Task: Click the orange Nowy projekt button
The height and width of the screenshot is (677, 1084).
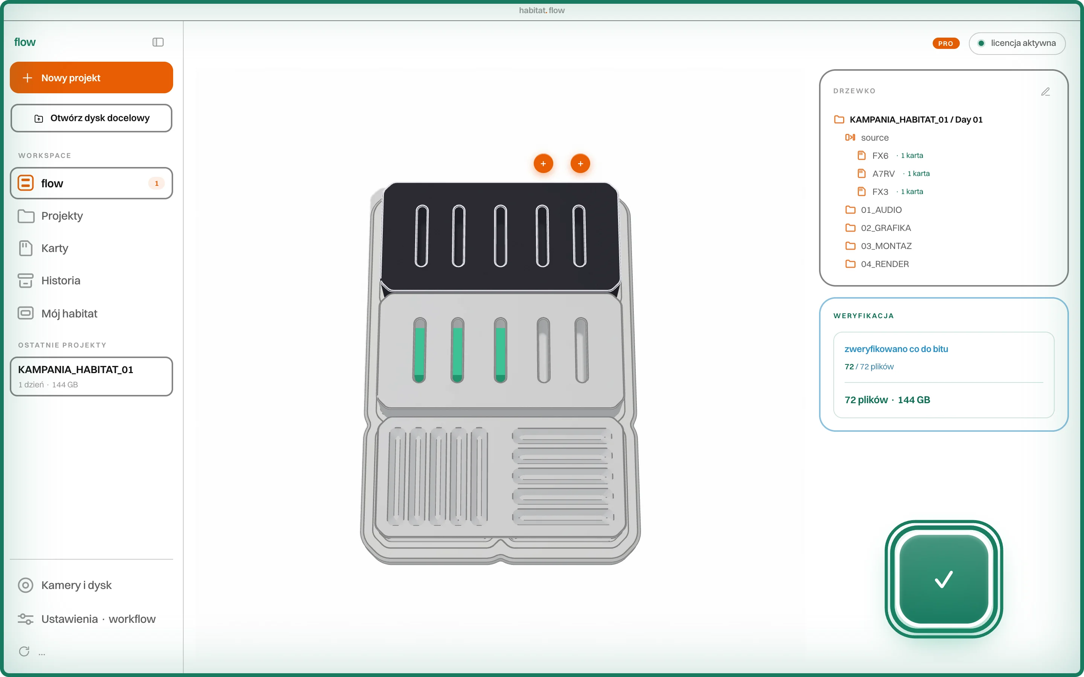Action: (x=91, y=77)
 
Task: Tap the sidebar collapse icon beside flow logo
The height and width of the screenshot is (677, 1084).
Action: (x=158, y=42)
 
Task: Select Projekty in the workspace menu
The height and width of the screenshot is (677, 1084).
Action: (x=62, y=216)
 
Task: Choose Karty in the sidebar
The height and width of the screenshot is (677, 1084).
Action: (x=55, y=248)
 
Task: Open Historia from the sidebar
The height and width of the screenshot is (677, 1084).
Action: (x=61, y=281)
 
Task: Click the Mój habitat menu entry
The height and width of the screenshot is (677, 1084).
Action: (x=69, y=313)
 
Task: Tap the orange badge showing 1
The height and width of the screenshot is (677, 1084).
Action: (x=156, y=183)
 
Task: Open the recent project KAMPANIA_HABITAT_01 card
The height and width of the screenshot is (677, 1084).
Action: (x=91, y=376)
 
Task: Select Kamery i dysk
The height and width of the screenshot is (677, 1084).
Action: (x=76, y=585)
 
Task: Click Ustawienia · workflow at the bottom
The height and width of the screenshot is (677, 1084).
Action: (x=98, y=619)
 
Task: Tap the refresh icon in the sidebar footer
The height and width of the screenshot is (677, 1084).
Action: (x=24, y=651)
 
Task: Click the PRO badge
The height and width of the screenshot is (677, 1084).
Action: (x=945, y=43)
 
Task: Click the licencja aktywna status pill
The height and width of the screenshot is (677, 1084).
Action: (x=1017, y=43)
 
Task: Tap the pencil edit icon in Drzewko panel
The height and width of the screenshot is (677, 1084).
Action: (x=1046, y=92)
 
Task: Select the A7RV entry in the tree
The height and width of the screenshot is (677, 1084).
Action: (x=883, y=174)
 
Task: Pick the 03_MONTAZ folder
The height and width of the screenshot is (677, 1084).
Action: (x=886, y=246)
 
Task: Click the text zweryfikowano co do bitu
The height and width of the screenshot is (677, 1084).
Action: (x=896, y=349)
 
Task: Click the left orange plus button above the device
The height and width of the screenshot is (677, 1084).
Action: (x=544, y=164)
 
